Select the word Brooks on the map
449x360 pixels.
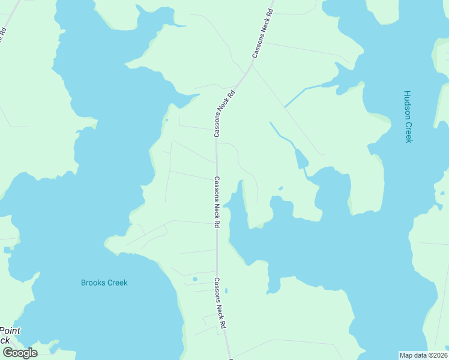tap(94, 283)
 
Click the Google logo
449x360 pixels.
tap(20, 353)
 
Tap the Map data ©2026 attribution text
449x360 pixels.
tap(423, 355)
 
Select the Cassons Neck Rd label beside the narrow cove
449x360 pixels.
tap(216, 202)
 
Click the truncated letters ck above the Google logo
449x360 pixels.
tap(5, 340)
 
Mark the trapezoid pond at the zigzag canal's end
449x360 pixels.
tap(301, 158)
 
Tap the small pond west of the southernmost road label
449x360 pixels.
tap(194, 279)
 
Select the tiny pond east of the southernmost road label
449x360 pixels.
tap(226, 291)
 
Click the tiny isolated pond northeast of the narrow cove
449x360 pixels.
tap(280, 188)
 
